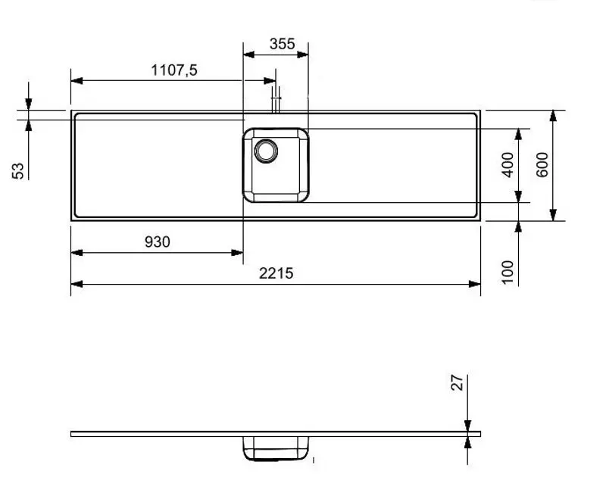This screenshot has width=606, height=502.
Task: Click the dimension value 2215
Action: [275, 273]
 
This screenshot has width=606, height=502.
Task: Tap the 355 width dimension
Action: [282, 44]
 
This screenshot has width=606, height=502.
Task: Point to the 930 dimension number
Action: [157, 242]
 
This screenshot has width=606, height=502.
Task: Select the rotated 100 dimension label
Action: [508, 272]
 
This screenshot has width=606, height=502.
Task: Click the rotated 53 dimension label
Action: [19, 170]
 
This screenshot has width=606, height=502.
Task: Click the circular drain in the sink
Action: [267, 151]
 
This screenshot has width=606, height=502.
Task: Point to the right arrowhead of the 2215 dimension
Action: [475, 284]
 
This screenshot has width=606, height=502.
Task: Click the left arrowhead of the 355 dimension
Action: [247, 55]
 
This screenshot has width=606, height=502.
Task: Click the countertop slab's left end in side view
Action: [73, 434]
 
